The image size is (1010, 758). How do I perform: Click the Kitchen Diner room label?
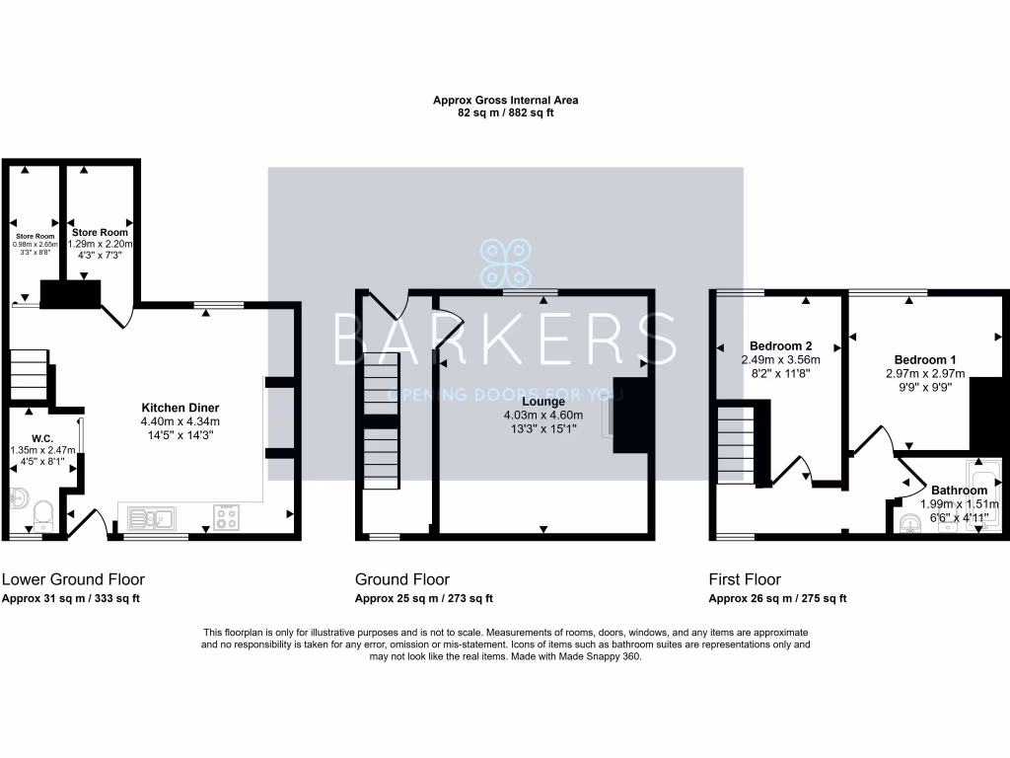[x=180, y=408]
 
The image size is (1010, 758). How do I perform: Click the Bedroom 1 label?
[x=924, y=359]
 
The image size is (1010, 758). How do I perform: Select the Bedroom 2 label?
[x=780, y=345]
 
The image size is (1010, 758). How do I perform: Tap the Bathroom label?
[x=959, y=491]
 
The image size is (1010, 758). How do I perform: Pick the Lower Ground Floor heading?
[x=67, y=579]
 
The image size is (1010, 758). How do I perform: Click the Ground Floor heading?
[x=402, y=579]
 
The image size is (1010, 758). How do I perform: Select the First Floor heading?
[x=745, y=579]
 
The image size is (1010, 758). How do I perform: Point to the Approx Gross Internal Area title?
[x=505, y=100]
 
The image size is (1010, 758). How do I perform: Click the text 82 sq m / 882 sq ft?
[x=505, y=114]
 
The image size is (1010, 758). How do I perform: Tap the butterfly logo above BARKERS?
[x=505, y=265]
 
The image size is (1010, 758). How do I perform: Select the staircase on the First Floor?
[x=736, y=444]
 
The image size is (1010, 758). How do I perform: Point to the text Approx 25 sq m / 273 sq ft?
[x=424, y=599]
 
